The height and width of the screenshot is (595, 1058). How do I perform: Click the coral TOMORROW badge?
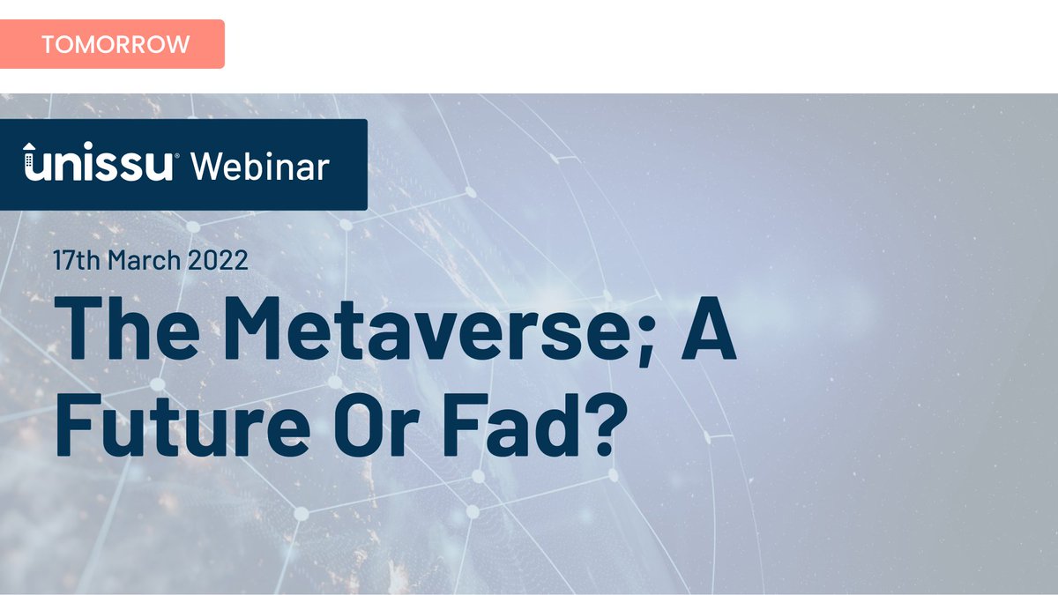pos(112,44)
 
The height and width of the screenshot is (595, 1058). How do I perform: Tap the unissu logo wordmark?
pos(99,166)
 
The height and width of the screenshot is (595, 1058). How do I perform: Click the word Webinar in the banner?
pos(260,165)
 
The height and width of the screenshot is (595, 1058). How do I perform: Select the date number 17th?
pos(72,260)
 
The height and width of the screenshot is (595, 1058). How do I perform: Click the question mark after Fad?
pos(592,423)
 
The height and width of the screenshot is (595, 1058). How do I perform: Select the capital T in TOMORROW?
pos(48,44)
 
